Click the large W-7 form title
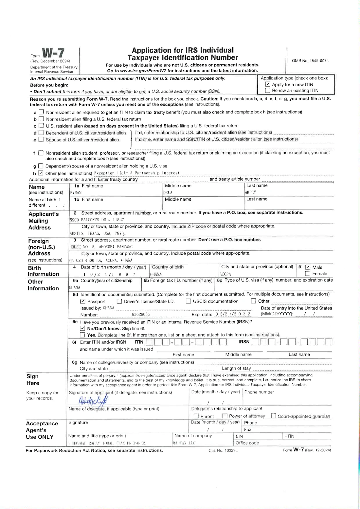pos(53,53)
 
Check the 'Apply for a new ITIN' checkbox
pos(268,84)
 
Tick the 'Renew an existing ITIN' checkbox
pos(268,91)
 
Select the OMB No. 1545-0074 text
pos(310,61)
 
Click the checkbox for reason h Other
pos(41,173)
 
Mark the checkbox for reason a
pos(41,112)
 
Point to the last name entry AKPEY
pos(250,192)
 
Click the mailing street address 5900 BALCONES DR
pos(97,220)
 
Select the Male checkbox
pos(308,267)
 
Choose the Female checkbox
pos(308,274)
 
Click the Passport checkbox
pos(83,301)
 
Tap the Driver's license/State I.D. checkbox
pos(119,301)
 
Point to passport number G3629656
pos(141,314)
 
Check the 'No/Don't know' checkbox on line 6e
pos(83,328)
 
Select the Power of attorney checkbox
pos(225,416)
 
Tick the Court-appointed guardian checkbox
pos(273,416)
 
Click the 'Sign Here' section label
pos(33,380)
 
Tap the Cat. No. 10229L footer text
pos(223,450)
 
